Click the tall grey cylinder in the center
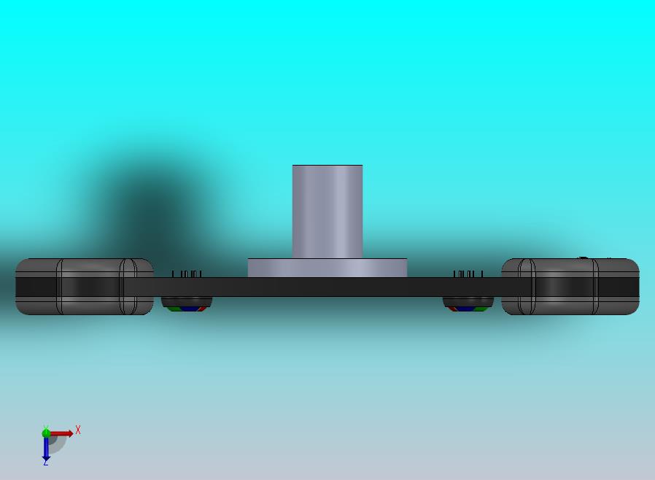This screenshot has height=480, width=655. coord(327,212)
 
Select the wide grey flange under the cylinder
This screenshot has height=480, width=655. coord(327,268)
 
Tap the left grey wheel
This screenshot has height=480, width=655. coord(85,287)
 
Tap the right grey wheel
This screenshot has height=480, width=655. coord(570,287)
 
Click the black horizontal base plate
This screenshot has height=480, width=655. coord(327,287)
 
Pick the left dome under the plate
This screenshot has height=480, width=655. coord(187,304)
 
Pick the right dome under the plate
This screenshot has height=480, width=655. coord(468,304)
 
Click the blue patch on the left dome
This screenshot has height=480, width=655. coord(189,309)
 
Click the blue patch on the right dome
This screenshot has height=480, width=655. coord(466,309)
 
